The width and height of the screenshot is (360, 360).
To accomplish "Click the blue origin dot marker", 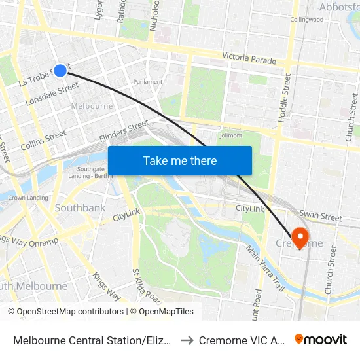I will (60, 71).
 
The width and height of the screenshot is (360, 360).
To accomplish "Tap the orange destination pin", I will (301, 236).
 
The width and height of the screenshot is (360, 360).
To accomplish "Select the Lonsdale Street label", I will (52, 95).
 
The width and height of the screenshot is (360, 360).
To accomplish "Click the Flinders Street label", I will (124, 131).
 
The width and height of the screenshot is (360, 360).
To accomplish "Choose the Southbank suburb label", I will (80, 207).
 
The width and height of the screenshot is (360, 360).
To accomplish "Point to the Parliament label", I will (148, 82).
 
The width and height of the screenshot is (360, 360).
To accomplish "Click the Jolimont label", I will (230, 135).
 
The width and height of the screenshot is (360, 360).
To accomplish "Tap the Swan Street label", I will (320, 216).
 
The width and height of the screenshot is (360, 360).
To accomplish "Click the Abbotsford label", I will (339, 7).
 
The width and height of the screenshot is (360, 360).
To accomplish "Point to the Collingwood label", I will (307, 20).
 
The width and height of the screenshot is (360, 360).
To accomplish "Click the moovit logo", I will (321, 339).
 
